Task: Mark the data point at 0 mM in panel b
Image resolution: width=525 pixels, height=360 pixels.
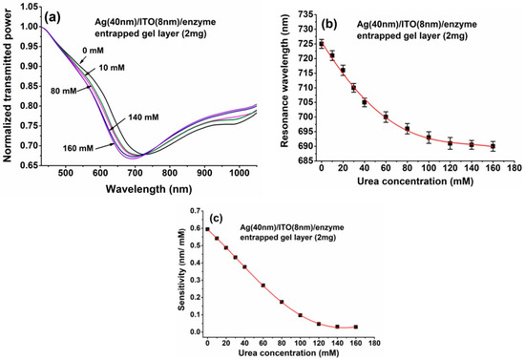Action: (x=322, y=44)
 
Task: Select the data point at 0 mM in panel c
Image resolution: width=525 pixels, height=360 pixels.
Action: (x=207, y=229)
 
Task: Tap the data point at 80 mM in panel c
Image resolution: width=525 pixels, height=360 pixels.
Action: (x=282, y=302)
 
